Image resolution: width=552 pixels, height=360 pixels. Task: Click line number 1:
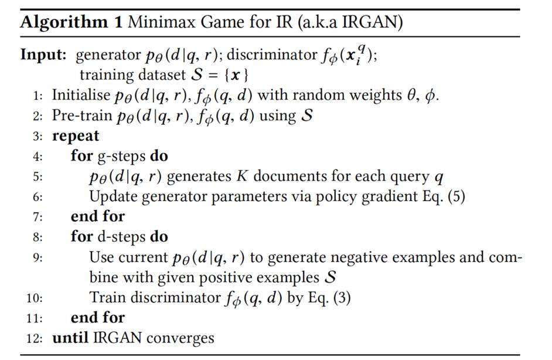pos(39,95)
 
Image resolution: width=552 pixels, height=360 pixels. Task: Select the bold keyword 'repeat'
pos(76,136)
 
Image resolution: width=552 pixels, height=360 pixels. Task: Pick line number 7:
pos(39,216)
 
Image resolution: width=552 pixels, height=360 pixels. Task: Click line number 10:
pos(36,298)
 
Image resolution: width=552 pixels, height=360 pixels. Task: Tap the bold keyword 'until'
pos(70,338)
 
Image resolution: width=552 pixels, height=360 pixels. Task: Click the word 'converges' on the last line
pos(185,338)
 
